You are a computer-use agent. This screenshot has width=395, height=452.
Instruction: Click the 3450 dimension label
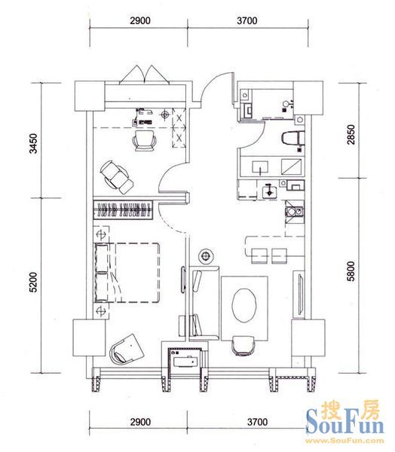pyautogui.click(x=34, y=143)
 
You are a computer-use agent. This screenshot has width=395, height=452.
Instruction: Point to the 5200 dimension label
pyautogui.click(x=34, y=282)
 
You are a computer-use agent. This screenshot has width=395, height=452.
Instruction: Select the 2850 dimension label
pyautogui.click(x=351, y=134)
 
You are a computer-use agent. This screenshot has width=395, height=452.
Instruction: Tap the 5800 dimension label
pyautogui.click(x=351, y=271)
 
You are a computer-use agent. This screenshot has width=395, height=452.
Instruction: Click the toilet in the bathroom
pyautogui.click(x=292, y=138)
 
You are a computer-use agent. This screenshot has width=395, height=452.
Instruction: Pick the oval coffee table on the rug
pyautogui.click(x=244, y=305)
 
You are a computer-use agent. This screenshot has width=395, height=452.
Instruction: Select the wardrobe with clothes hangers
pyautogui.click(x=123, y=209)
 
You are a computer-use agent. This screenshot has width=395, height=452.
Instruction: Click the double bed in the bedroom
pyautogui.click(x=127, y=273)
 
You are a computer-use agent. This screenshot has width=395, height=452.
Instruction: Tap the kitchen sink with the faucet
pyautogui.click(x=269, y=191)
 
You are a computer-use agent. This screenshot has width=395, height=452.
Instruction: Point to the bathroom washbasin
pyautogui.click(x=260, y=167)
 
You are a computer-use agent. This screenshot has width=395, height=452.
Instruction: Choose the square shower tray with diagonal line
pyautogui.click(x=292, y=166)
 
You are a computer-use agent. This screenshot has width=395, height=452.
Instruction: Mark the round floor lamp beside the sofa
pyautogui.click(x=206, y=255)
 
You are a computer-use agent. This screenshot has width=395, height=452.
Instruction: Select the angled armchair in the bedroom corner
pyautogui.click(x=127, y=350)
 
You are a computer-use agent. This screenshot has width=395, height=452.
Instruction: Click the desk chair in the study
pyautogui.click(x=144, y=140)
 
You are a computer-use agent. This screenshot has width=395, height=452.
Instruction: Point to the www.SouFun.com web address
pyautogui.click(x=344, y=441)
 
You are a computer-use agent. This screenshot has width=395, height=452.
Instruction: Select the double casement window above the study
pyautogui.click(x=144, y=75)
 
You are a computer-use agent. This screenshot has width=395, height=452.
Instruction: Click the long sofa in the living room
pyautogui.click(x=204, y=303)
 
